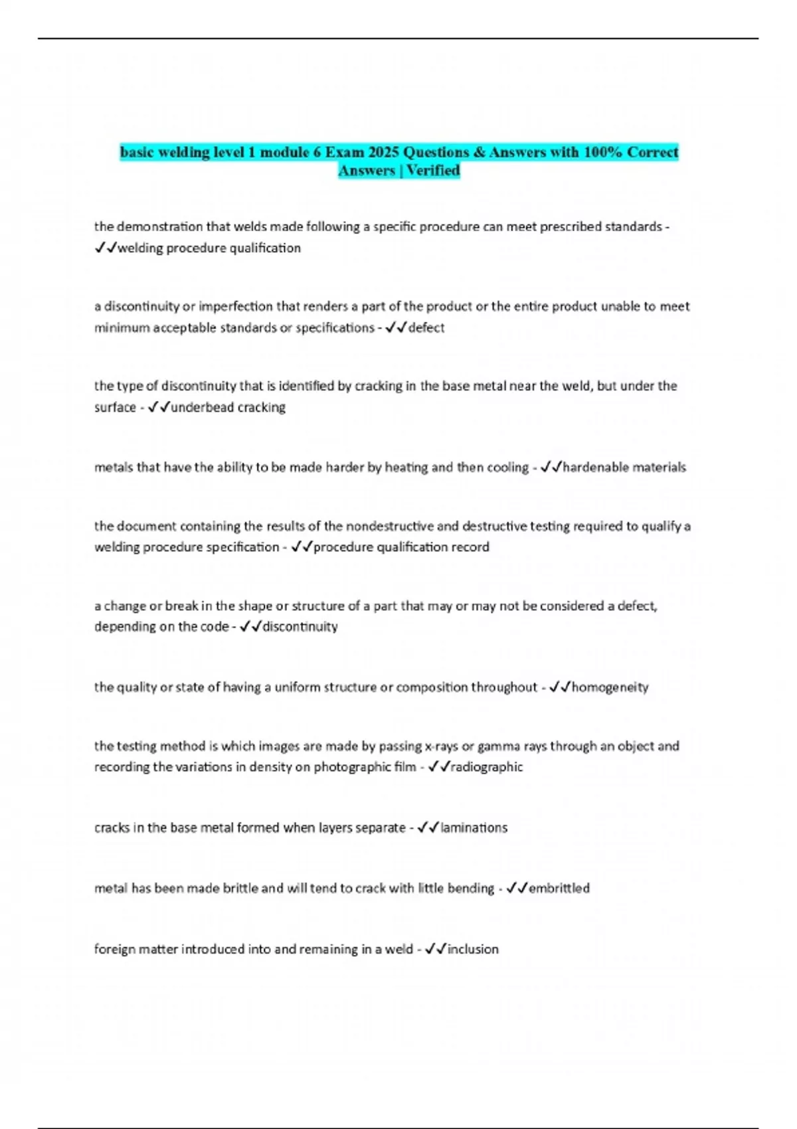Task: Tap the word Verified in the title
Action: (433, 171)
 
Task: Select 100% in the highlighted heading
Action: (603, 152)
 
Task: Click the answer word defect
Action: (426, 327)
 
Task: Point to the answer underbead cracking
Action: (228, 407)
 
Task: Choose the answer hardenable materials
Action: (624, 467)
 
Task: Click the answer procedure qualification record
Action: (401, 547)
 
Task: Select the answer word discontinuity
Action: (300, 626)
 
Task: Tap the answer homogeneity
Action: (610, 687)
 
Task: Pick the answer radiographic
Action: (487, 766)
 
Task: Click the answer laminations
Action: (474, 827)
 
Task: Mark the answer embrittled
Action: (559, 888)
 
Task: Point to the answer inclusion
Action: (473, 949)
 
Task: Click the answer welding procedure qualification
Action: (209, 248)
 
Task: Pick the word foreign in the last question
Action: (115, 949)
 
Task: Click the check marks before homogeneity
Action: (559, 687)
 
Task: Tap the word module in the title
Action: (284, 152)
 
